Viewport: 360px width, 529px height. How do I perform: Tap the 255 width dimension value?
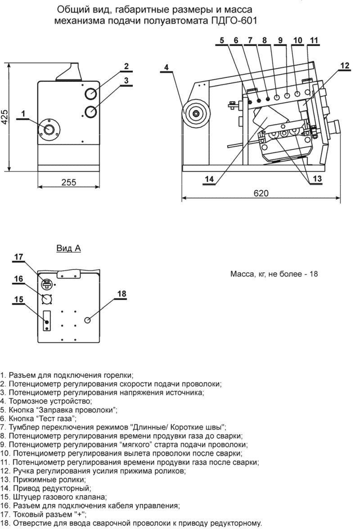[68, 182]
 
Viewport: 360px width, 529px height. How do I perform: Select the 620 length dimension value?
[261, 193]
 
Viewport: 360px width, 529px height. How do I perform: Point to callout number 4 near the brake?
[166, 67]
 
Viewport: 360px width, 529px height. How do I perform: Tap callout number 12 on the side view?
[344, 66]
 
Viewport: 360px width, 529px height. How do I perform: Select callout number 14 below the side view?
[209, 179]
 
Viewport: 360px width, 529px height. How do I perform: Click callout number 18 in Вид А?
[121, 294]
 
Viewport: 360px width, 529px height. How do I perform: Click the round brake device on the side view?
[196, 112]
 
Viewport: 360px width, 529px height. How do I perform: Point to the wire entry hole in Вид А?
[88, 320]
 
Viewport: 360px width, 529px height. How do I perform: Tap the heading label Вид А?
[68, 248]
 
